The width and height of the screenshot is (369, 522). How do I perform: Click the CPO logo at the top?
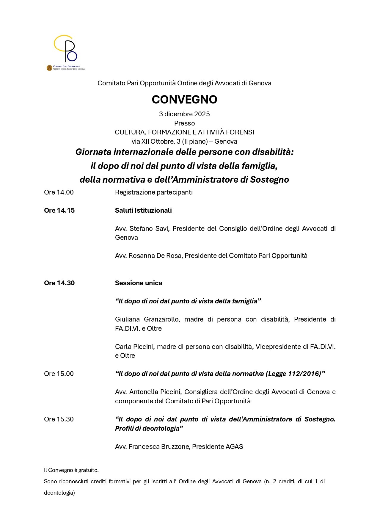point(66,52)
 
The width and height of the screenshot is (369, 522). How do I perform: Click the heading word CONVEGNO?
point(184,100)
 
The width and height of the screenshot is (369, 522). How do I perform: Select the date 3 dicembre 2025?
point(184,114)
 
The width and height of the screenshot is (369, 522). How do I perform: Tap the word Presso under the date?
point(184,123)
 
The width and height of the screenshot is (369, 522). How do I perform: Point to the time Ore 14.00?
point(59,192)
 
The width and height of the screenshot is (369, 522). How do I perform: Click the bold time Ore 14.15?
point(59,211)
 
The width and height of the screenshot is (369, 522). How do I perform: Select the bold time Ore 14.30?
point(59,283)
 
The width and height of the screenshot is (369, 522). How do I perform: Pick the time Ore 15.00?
point(59,374)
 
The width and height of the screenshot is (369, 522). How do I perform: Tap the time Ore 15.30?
point(59,419)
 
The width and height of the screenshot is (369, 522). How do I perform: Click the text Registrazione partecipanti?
point(154,192)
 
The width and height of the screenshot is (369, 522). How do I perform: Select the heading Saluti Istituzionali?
point(143,211)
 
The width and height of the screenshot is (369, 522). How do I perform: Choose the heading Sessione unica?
point(139,283)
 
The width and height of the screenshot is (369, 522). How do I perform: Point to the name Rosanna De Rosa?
point(155,256)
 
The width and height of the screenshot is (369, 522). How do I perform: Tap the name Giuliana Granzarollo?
point(147,319)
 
